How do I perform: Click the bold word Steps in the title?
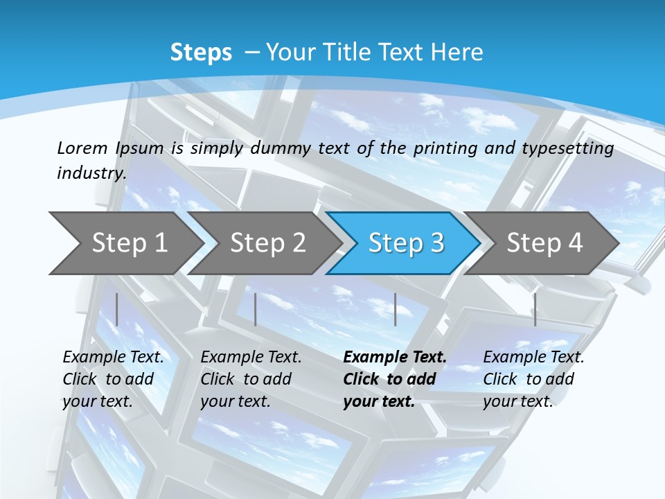[x=201, y=53]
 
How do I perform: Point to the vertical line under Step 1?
[x=117, y=309]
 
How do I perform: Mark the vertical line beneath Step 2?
[x=256, y=309]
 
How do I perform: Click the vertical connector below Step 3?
[x=396, y=309]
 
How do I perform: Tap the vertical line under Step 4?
[x=535, y=309]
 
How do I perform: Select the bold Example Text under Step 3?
[x=395, y=357]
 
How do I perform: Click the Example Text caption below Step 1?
[x=113, y=357]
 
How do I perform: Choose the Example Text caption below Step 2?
[x=251, y=357]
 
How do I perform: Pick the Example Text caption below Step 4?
[x=533, y=357]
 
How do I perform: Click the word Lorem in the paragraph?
[x=82, y=148]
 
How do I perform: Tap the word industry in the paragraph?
[x=91, y=173]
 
